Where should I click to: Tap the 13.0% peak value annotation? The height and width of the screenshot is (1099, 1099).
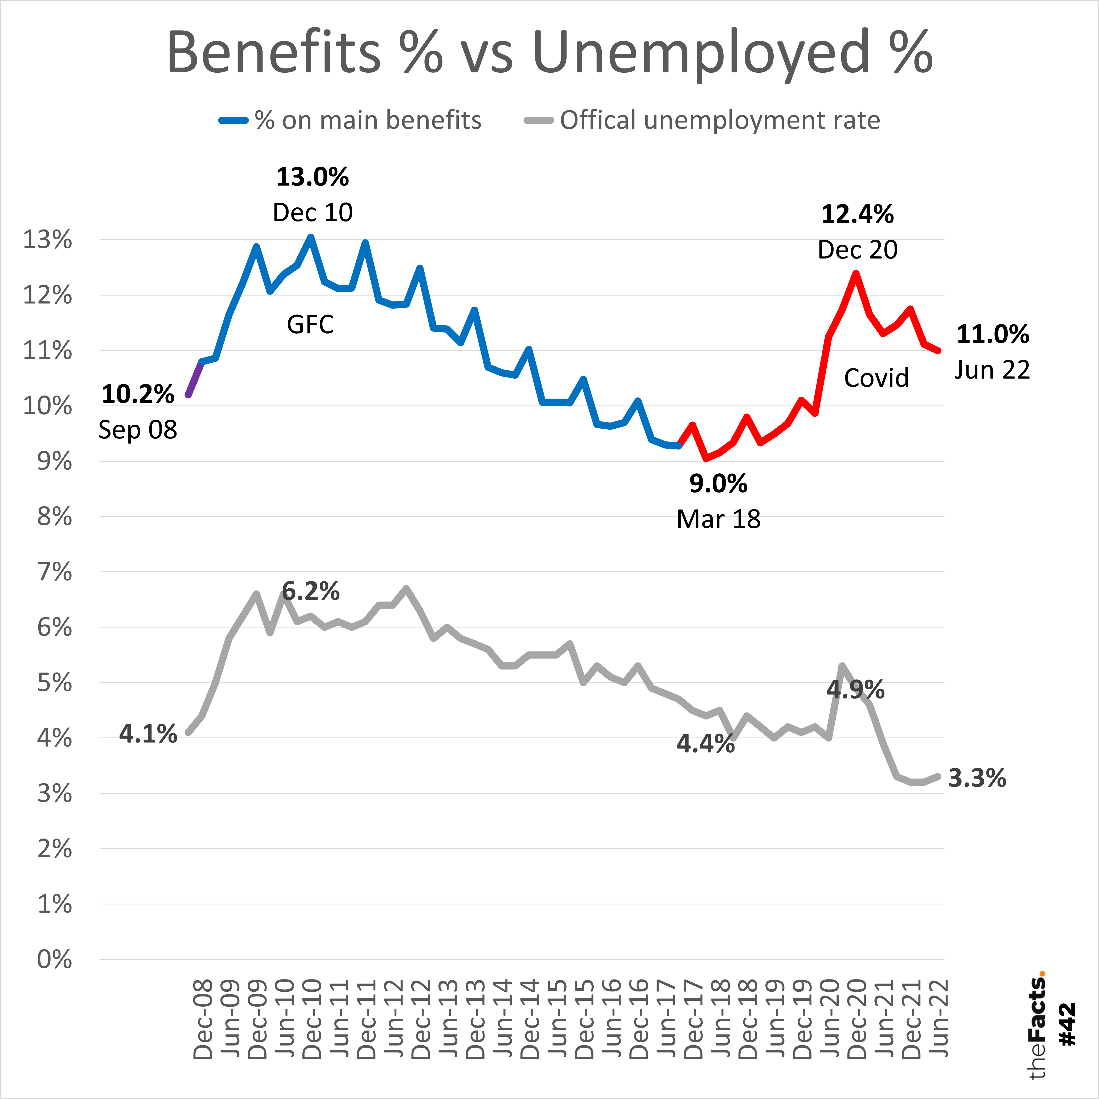312,177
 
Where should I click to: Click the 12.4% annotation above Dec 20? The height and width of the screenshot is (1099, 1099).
857,215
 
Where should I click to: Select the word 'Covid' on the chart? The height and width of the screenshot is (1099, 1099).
876,378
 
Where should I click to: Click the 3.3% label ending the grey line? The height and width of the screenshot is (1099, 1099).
977,778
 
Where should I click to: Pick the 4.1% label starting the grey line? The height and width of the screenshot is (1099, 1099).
148,734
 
